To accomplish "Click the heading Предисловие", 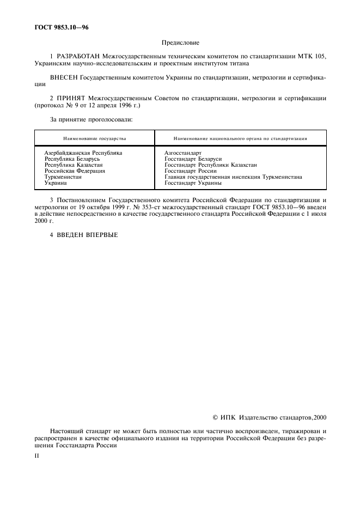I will pos(180,42).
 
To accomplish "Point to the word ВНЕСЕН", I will pos(64,78).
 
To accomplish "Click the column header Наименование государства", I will pos(94,138).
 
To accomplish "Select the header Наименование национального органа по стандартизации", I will pos(240,138).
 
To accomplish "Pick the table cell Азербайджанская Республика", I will pos(83,153).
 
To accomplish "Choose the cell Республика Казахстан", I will pos(74,165).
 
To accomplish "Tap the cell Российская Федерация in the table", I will pos(75,171).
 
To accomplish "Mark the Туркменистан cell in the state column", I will pos(63,177).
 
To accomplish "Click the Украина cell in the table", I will pos(56,183).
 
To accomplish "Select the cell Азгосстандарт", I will pos(183,153).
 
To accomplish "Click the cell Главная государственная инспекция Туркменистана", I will pos(233,177).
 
